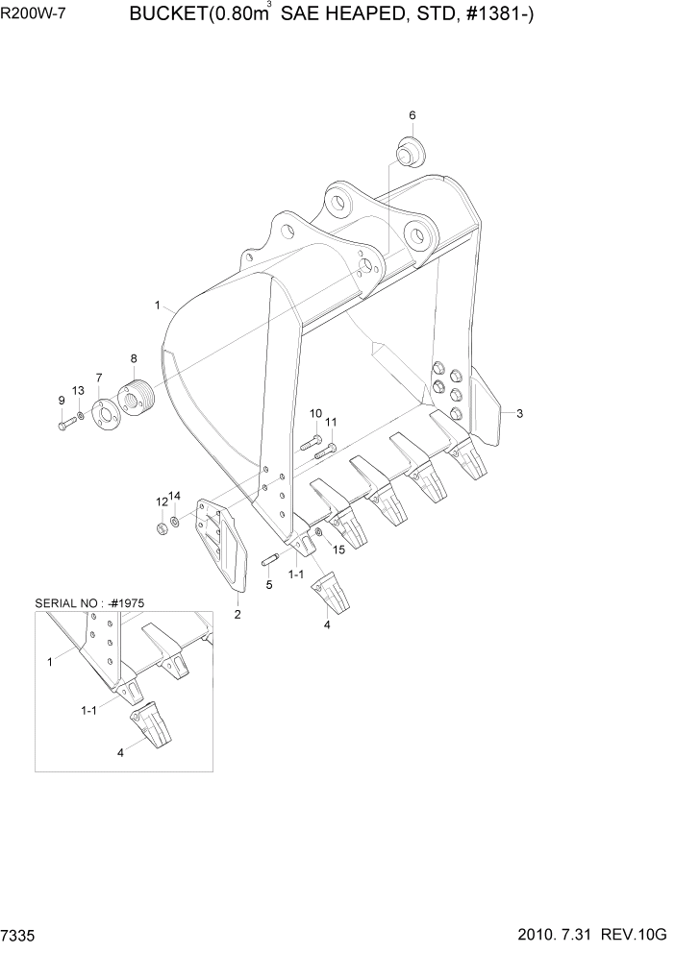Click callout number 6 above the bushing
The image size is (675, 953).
point(412,115)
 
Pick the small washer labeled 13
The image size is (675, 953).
point(81,416)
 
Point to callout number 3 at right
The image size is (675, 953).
point(519,414)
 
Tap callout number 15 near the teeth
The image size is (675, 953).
point(337,549)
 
